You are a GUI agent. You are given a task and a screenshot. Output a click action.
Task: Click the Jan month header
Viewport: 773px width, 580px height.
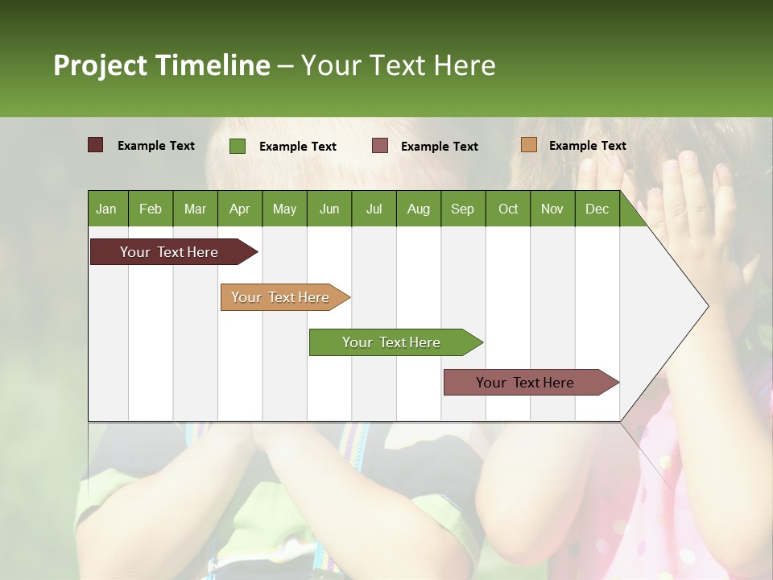tap(106, 209)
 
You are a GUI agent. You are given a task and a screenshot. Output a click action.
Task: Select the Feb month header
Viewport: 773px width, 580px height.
tap(151, 209)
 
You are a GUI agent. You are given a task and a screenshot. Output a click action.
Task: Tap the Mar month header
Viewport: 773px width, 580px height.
tap(195, 209)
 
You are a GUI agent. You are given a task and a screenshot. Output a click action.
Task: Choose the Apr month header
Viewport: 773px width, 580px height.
tap(239, 209)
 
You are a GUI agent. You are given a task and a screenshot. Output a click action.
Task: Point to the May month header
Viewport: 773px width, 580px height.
tap(284, 209)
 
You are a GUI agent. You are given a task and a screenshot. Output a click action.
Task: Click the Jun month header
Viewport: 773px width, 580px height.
tap(329, 209)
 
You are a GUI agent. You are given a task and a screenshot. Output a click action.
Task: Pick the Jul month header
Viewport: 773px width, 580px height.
tap(374, 209)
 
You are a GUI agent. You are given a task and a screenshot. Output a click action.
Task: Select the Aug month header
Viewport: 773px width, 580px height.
tap(419, 209)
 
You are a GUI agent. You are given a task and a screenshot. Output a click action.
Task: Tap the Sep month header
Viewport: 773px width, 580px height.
tap(463, 209)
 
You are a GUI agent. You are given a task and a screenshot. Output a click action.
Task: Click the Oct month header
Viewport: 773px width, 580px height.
tap(508, 209)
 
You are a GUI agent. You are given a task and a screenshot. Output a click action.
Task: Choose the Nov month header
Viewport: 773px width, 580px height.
tap(552, 209)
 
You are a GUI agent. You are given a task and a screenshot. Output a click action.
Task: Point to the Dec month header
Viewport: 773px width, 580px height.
tap(597, 209)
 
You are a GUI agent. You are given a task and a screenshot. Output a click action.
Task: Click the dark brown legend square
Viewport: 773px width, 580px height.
tap(96, 145)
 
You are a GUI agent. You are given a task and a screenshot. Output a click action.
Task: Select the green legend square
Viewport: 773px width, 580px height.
tap(238, 146)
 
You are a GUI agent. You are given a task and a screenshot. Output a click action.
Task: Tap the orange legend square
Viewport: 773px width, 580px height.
tap(529, 145)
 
